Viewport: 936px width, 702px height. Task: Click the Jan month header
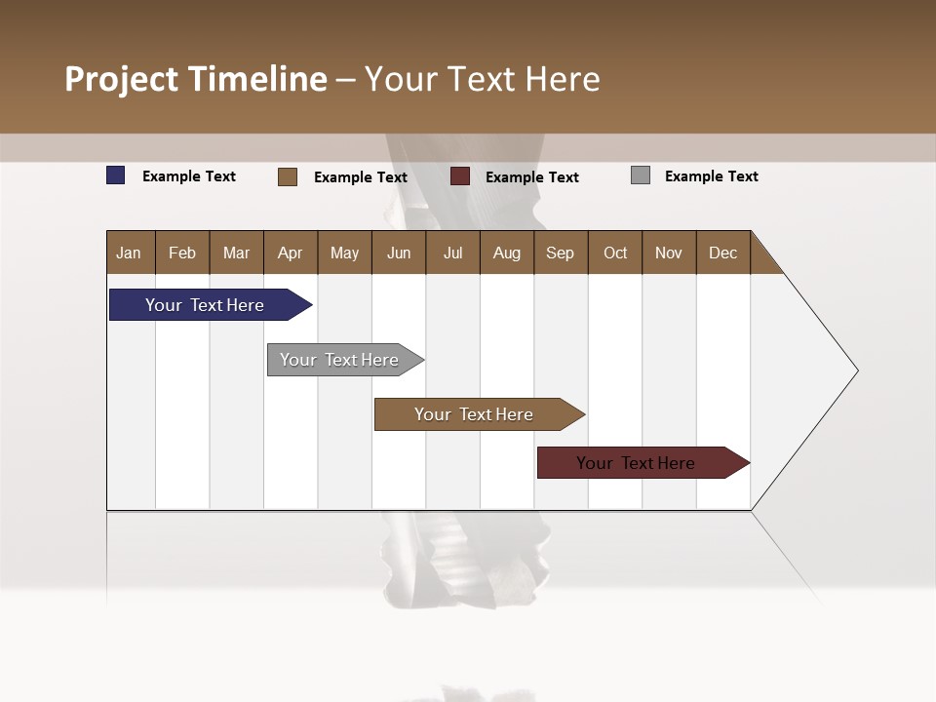tap(130, 253)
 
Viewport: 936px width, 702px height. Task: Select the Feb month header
tap(182, 253)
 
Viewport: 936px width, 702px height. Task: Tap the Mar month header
tap(236, 253)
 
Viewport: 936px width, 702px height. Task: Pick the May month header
tap(344, 253)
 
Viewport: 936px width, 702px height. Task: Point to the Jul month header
tap(452, 253)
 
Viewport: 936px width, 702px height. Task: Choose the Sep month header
tap(560, 253)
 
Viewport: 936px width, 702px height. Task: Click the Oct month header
tap(615, 253)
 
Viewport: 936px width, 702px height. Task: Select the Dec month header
tap(722, 253)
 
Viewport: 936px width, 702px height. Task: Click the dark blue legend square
tap(116, 175)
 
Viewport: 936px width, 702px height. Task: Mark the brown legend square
tap(288, 176)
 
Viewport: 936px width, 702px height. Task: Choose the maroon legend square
tap(460, 176)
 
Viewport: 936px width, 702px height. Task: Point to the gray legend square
tap(641, 175)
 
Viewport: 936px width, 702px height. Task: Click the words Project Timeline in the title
tap(196, 79)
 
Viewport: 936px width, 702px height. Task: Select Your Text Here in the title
tap(483, 79)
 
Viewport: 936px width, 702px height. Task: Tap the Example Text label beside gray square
tap(711, 176)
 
